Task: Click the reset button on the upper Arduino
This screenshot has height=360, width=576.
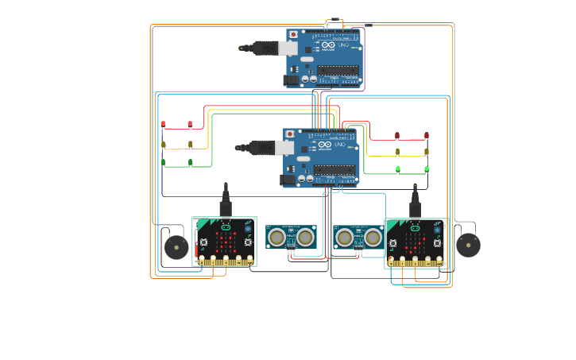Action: coord(295,35)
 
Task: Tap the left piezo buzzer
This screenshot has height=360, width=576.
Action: coord(176,248)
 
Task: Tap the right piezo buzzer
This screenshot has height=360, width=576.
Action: coord(468,245)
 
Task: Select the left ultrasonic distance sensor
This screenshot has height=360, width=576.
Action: coord(291,237)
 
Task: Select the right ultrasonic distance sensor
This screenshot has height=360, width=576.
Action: coord(359,237)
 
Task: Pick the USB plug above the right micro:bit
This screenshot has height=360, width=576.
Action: coord(415,203)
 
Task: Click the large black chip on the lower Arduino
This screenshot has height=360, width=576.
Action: coord(334,168)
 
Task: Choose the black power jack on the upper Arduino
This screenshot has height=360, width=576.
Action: coord(292,79)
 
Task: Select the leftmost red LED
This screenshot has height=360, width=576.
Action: coord(163,124)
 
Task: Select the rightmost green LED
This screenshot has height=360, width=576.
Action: coord(427,168)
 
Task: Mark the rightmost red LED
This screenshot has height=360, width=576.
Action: coord(427,135)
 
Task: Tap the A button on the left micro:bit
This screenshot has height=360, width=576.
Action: coord(204,242)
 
